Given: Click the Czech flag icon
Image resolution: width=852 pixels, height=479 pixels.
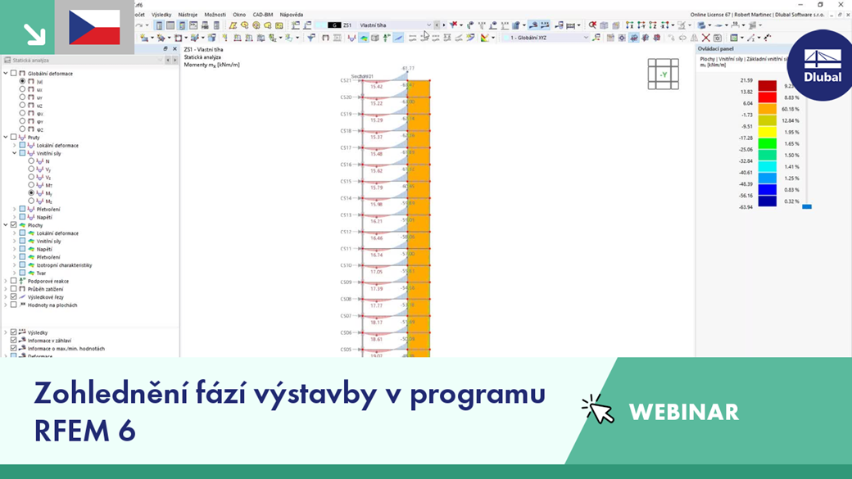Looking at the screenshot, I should pyautogui.click(x=94, y=27).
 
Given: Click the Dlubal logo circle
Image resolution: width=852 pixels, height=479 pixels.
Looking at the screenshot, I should pyautogui.click(x=822, y=66).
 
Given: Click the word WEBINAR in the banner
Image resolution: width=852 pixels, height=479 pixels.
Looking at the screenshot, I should pyautogui.click(x=683, y=412).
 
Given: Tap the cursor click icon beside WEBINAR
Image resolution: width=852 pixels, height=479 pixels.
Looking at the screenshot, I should pyautogui.click(x=598, y=410).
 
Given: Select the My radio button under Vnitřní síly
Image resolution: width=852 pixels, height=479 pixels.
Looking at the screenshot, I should pyautogui.click(x=31, y=193).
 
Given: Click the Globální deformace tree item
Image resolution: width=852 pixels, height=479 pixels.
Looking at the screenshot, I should pyautogui.click(x=50, y=74).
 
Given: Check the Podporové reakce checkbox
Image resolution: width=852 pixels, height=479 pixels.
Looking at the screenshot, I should pyautogui.click(x=13, y=281).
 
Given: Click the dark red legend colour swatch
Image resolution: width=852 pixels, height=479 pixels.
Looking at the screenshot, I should pyautogui.click(x=767, y=85).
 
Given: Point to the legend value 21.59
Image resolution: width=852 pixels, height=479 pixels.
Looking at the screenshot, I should pyautogui.click(x=745, y=80).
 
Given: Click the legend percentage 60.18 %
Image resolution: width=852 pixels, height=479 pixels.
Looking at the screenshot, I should pyautogui.click(x=790, y=109).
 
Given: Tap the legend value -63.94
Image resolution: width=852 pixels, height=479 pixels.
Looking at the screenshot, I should pyautogui.click(x=745, y=207).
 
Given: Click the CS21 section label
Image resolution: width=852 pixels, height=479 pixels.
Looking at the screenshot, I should pyautogui.click(x=346, y=80).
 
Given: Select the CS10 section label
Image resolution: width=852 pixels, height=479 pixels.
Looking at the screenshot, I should pyautogui.click(x=346, y=265).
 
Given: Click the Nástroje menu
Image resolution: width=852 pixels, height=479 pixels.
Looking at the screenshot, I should pyautogui.click(x=188, y=15).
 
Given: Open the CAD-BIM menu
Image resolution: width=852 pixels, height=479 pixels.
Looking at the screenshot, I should pyautogui.click(x=263, y=15).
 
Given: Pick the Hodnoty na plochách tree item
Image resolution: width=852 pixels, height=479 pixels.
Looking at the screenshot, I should pyautogui.click(x=52, y=305).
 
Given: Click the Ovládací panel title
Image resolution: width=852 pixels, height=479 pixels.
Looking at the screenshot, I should pyautogui.click(x=715, y=49).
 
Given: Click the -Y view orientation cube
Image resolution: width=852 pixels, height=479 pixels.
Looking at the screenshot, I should pyautogui.click(x=663, y=75).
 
